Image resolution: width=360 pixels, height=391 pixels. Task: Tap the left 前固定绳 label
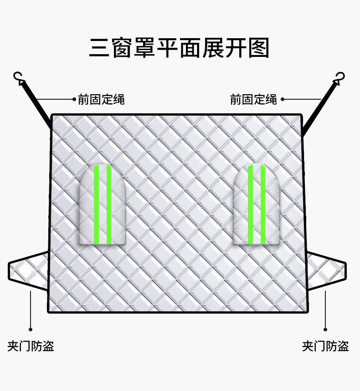coord(101,99)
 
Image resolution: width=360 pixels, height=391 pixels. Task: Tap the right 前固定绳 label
coord(253,99)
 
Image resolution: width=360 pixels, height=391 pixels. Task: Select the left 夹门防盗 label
coord(31,346)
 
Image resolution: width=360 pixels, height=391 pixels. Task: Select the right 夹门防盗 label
coord(325,346)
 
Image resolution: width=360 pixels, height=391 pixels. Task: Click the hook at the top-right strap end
coord(339,78)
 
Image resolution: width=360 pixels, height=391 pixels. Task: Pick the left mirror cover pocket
coord(103,204)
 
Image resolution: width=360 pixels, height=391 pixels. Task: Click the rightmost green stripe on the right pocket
coord(262,205)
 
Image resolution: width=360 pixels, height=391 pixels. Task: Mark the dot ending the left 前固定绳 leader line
coord(73,99)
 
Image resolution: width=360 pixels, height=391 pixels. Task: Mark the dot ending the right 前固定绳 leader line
coord(282,99)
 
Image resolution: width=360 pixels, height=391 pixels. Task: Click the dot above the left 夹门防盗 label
coord(31,329)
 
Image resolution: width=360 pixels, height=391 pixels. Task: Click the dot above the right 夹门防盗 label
coord(325,329)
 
